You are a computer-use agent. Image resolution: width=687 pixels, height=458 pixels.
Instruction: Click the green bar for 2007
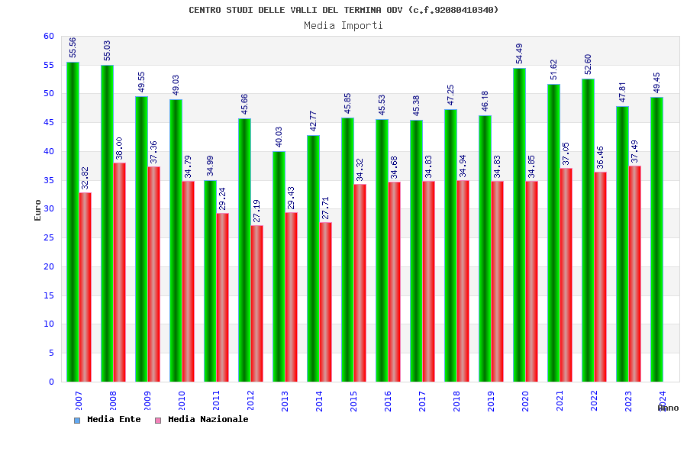[x=73, y=221]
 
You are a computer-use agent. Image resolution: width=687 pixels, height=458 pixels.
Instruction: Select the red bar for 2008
[x=120, y=272]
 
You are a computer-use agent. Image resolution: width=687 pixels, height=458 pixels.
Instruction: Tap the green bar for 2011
[x=210, y=281]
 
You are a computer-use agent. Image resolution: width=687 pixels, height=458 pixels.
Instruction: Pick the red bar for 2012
[x=257, y=303]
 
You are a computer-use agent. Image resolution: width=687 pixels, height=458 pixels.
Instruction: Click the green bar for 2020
[x=519, y=224]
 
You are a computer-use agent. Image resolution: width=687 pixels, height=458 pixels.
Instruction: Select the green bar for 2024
[x=656, y=239]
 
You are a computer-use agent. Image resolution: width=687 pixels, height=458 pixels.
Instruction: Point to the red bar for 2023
[x=635, y=273]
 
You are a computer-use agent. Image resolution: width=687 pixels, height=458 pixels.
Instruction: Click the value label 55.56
[x=73, y=47]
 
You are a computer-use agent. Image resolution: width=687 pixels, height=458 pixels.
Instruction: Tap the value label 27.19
[x=257, y=211]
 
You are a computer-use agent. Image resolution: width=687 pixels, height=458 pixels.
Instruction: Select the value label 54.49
[x=519, y=53]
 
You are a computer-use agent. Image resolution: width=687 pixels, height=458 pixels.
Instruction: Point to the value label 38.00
[x=120, y=149]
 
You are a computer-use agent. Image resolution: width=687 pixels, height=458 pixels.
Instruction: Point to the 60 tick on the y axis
[x=49, y=36]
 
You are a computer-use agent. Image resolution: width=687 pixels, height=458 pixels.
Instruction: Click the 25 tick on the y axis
[x=49, y=237]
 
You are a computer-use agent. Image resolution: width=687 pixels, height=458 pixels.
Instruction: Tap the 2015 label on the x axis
[x=353, y=402]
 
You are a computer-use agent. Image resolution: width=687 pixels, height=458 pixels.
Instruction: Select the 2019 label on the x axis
[x=491, y=402]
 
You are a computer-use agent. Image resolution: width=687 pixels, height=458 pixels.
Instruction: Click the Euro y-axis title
[x=38, y=210]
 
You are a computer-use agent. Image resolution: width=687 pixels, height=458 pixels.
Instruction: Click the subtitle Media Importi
[x=343, y=25]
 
